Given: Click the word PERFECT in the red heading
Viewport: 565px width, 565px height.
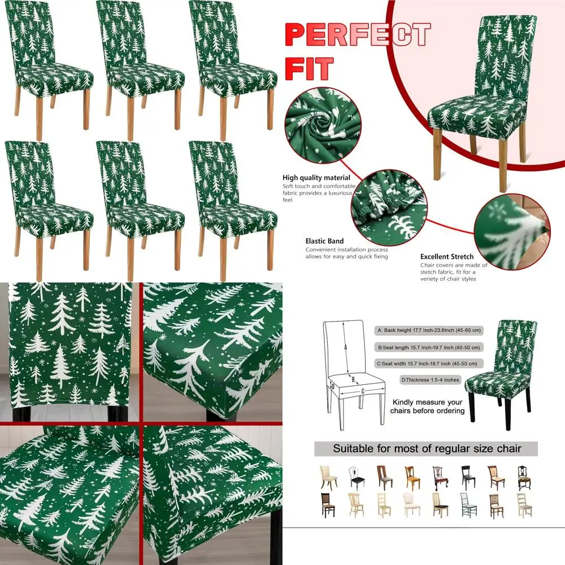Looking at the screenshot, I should click(357, 34).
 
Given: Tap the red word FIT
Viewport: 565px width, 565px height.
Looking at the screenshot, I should click(308, 69).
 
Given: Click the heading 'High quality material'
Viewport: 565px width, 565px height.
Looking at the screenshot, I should click(316, 178).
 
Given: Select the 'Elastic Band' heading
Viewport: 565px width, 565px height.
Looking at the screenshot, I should click(324, 241).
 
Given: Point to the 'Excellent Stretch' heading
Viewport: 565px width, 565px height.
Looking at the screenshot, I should click(446, 257).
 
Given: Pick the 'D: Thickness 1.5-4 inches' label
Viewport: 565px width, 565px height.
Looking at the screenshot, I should click(430, 379).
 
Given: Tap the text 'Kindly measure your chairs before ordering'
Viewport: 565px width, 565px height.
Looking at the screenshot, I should click(427, 406).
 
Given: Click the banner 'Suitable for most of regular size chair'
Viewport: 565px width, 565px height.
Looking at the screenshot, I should click(427, 449).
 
